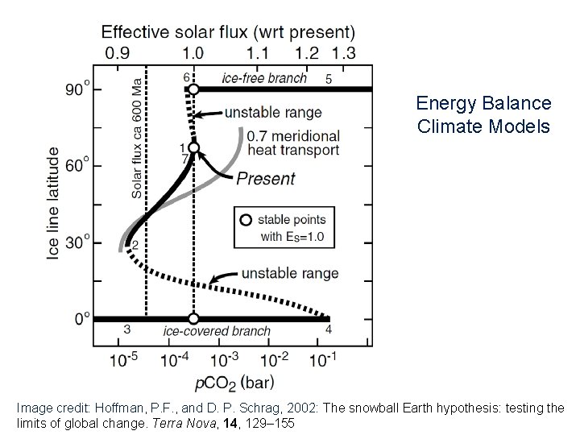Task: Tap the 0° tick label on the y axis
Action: click(82, 318)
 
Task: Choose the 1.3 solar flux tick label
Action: click(342, 53)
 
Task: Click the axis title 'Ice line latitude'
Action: click(52, 203)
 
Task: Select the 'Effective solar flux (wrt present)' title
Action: click(227, 33)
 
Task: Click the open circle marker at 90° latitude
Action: click(193, 89)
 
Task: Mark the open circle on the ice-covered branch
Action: click(193, 319)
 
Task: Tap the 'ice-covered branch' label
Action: click(217, 331)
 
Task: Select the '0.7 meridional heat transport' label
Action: click(293, 143)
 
